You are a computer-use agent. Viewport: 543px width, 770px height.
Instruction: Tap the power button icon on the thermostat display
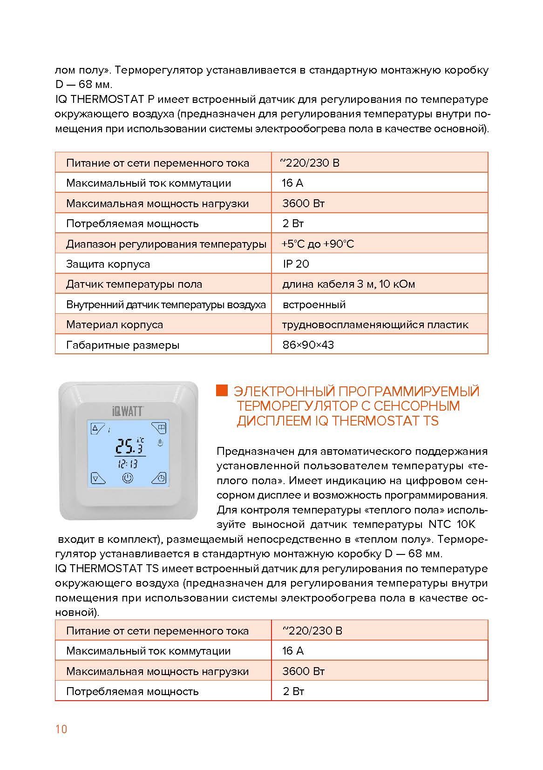(x=128, y=478)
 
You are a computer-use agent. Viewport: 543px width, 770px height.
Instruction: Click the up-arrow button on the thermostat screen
(x=97, y=428)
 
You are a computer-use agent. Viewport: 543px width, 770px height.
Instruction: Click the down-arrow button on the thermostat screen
(x=97, y=478)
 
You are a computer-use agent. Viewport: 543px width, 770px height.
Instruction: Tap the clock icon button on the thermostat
(x=160, y=478)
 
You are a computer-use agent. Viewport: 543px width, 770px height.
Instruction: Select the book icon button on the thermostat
(x=160, y=428)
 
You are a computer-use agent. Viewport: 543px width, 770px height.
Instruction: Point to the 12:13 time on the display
(x=127, y=464)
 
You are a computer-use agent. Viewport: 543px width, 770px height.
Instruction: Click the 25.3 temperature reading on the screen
(x=129, y=446)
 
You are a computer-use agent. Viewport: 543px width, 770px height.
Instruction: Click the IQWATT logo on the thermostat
(x=128, y=410)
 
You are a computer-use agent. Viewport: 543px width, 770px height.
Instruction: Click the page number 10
(x=61, y=729)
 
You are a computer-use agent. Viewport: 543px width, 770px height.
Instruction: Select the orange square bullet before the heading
(x=222, y=390)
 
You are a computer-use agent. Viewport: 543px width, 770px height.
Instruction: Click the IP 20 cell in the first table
(x=296, y=264)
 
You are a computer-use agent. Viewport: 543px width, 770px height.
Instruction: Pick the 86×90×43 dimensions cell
(x=308, y=345)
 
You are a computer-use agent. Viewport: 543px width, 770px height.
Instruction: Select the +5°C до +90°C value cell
(x=318, y=244)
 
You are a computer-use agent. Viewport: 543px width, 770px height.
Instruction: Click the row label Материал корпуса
(x=115, y=324)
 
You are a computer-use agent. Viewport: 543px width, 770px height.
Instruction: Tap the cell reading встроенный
(x=314, y=304)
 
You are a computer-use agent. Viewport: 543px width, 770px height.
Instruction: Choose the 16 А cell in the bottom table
(x=292, y=651)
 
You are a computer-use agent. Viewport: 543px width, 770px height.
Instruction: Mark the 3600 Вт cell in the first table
(x=303, y=203)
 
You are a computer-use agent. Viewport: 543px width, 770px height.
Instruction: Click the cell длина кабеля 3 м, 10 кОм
(x=348, y=284)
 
